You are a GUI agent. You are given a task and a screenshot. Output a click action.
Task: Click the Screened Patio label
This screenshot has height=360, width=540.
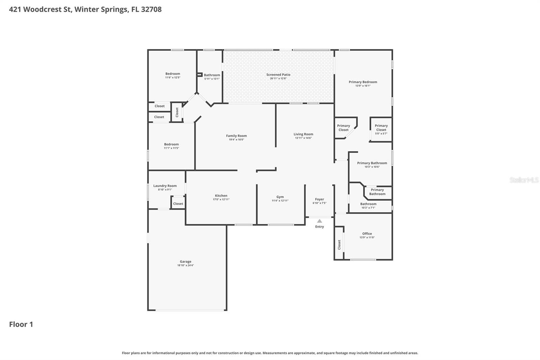point(278,75)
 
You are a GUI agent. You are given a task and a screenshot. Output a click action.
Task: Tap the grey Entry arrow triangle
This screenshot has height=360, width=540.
point(319,221)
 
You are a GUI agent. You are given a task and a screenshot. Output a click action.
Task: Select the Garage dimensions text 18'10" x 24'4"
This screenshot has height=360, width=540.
point(185,265)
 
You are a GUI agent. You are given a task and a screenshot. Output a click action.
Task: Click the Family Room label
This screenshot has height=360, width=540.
point(236,136)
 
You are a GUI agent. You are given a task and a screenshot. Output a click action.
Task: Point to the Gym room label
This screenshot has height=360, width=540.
point(280,197)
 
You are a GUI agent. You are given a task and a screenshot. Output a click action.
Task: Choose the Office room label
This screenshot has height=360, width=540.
point(367,234)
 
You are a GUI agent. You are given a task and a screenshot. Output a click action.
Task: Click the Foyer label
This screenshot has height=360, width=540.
point(319,199)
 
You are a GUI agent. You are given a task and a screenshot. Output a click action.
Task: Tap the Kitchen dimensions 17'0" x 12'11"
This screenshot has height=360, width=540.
point(221,200)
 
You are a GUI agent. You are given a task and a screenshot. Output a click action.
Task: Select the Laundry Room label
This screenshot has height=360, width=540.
point(165,186)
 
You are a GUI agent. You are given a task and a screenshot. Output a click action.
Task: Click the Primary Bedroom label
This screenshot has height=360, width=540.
point(363,82)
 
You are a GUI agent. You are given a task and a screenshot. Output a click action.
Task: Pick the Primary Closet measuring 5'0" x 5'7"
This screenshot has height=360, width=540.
point(381,128)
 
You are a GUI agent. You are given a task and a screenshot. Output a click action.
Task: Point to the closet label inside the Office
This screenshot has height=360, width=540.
point(339,245)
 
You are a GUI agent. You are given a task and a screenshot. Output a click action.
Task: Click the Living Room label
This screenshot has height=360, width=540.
point(303,134)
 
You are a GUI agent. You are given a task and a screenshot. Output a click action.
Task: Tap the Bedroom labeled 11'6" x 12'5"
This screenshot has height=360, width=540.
point(172,74)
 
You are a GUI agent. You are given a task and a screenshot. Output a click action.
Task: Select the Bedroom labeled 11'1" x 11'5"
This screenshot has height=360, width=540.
point(171,144)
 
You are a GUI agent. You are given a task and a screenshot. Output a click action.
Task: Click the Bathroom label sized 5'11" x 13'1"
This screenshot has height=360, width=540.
point(212,75)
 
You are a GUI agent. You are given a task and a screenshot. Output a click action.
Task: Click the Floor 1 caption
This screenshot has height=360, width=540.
point(21,324)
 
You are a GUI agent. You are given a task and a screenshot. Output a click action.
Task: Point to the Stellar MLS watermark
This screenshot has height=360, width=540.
point(524,180)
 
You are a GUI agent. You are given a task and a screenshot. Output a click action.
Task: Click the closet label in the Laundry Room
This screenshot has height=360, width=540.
point(178,204)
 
